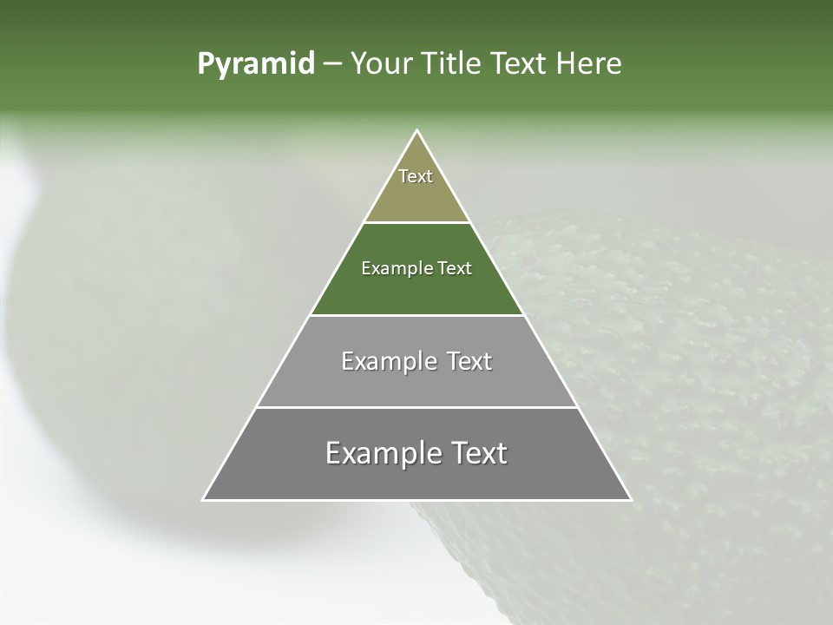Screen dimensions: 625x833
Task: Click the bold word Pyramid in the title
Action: click(x=255, y=64)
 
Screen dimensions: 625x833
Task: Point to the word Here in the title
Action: click(x=589, y=64)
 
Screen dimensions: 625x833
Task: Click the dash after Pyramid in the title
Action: click(x=332, y=64)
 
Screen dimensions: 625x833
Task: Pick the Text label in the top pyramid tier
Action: click(x=416, y=176)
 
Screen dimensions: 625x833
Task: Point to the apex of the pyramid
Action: click(x=416, y=131)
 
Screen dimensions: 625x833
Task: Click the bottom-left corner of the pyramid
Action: click(x=203, y=500)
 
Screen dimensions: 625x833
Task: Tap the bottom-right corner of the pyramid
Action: click(x=631, y=500)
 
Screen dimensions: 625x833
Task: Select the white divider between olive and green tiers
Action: click(x=416, y=222)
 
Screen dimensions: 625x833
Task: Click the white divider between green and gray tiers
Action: click(x=416, y=315)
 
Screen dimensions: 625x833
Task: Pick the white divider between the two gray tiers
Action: click(x=416, y=407)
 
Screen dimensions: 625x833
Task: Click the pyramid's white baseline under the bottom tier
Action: click(x=416, y=500)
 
